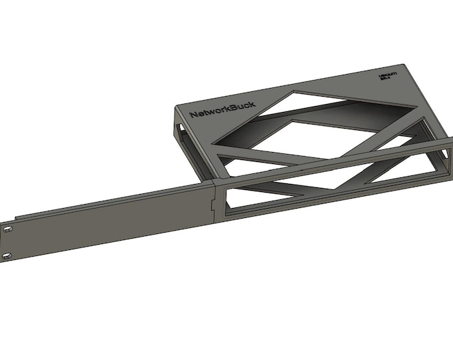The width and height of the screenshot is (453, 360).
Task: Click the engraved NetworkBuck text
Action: (222, 114)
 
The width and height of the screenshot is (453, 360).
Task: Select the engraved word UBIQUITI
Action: (387, 77)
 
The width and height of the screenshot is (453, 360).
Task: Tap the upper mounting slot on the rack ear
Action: (7, 229)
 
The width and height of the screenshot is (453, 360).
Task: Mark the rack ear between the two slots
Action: (7, 243)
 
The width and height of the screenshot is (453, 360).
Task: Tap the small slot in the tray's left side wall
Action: (180, 126)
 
